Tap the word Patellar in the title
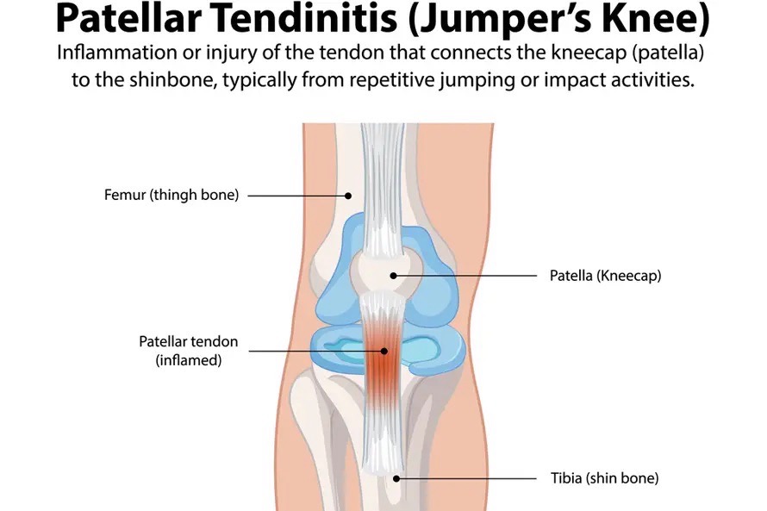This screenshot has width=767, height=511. [129, 18]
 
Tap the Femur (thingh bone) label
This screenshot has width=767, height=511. [171, 195]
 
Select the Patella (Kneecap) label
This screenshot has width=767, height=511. [605, 276]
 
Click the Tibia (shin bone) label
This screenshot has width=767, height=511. [605, 478]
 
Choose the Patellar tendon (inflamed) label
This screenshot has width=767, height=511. [189, 351]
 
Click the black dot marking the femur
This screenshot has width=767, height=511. [348, 196]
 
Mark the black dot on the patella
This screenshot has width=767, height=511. [393, 276]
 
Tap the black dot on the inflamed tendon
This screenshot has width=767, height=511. [384, 351]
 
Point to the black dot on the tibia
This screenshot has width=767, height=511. [396, 479]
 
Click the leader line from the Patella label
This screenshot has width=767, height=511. [465, 276]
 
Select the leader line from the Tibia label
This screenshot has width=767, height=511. [466, 479]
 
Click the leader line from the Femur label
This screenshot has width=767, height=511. [298, 196]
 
